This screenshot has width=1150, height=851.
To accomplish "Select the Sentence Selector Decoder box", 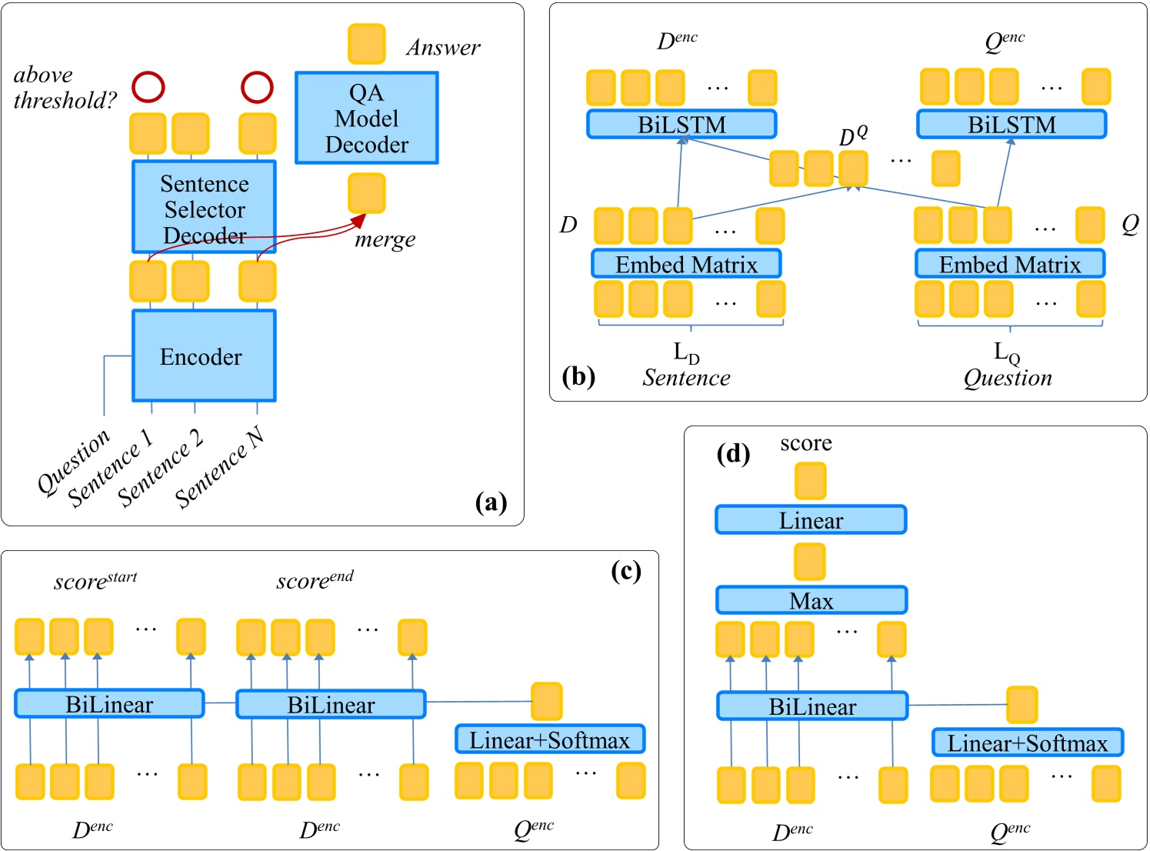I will pos(204,207).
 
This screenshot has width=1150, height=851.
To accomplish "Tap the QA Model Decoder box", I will pos(367,118).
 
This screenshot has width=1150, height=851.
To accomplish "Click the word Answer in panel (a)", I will pos(443,48).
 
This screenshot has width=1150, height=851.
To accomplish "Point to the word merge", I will pos(385,239).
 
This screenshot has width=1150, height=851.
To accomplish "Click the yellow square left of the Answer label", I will pos(366,44).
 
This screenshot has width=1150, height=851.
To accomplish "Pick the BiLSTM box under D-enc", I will pos(682,125).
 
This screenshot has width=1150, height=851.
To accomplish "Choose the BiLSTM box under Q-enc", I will pos(1012,125).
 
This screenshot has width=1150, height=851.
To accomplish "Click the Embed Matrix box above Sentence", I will pos(686,264).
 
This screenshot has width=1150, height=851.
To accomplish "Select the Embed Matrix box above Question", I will pos(1010,264).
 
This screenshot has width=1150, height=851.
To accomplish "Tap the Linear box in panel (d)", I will pos(811,520).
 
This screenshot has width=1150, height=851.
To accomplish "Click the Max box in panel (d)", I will pos(811,600).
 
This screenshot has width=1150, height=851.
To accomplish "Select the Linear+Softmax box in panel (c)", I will pos(549,739).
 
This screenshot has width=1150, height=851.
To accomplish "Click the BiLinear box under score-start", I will pos(109,704).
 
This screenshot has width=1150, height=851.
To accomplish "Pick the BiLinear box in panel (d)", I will pos(812,706).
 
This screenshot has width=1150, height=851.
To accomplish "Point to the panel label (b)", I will pos(578,376).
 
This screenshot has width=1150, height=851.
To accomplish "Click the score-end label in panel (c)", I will pos(315,580).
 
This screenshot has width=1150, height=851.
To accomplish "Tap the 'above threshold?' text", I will pos(65,87).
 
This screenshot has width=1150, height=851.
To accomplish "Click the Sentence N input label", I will pos(218,469).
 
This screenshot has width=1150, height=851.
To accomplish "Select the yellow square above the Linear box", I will pos(810,481).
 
